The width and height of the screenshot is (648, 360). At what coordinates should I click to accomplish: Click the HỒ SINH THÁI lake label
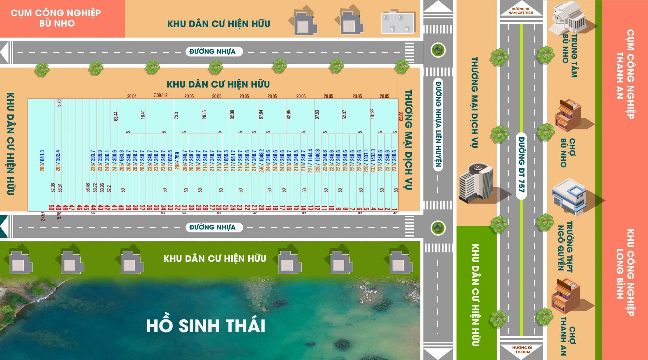click(206, 326)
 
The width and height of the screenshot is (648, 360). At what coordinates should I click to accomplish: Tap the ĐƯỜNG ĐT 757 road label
click(521, 164)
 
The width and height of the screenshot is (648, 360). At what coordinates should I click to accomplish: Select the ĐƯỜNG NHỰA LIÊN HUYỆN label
click(438, 123)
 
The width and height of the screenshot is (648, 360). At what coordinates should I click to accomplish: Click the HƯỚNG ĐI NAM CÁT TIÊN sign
click(520, 11)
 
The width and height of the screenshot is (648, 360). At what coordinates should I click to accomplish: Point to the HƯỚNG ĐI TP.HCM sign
click(522, 350)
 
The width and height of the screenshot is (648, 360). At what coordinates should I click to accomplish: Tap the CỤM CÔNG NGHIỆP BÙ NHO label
click(56, 18)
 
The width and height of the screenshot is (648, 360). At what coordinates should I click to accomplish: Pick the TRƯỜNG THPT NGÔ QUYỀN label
click(565, 247)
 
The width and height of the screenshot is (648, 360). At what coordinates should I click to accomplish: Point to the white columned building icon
click(569, 17)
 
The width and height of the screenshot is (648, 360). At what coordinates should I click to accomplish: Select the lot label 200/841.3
click(42, 161)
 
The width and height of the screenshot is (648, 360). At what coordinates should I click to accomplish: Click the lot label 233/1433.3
click(373, 161)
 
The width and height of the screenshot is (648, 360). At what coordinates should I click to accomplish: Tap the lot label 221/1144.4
click(310, 161)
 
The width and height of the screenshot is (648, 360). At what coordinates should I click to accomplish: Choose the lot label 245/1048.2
click(261, 161)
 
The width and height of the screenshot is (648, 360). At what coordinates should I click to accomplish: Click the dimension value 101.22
click(372, 114)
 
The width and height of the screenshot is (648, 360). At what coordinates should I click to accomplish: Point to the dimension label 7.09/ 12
click(161, 95)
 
